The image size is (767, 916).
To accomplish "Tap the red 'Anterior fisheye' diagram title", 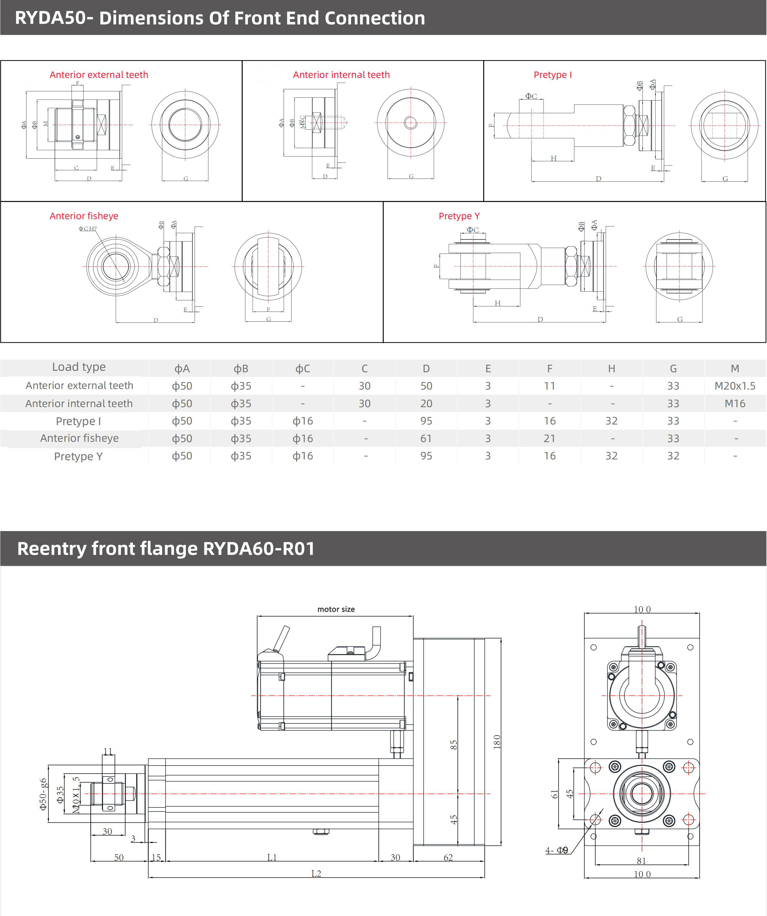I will tap(84, 216).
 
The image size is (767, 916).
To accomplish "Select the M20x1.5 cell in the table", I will tap(734, 386).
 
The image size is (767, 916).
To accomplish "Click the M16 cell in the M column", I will tap(734, 403).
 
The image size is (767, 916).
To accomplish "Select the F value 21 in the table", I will tap(549, 438).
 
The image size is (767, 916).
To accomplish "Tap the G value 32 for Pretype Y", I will tap(673, 456).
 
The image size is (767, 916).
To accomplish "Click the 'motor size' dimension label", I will tap(336, 609).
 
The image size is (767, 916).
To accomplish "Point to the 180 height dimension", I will tap(497, 742).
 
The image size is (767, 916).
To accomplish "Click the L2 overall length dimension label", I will tap(316, 873).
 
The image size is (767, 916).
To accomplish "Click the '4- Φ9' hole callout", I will tap(556, 850).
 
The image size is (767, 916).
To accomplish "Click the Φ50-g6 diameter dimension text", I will tap(43, 794).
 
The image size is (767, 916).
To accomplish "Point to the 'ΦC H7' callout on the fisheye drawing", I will tap(88, 228).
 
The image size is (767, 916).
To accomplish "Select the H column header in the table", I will tap(611, 368).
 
